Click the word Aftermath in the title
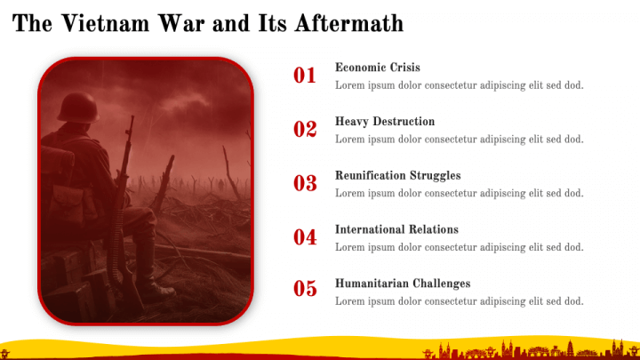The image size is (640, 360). tap(353, 23)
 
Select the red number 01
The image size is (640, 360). tap(305, 76)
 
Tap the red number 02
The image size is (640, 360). tap(305, 130)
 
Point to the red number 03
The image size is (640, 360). tap(305, 184)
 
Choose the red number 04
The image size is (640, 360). tap(305, 237)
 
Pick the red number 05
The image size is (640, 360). tap(305, 288)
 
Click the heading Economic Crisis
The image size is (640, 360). tap(378, 68)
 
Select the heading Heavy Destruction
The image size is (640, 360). tap(385, 122)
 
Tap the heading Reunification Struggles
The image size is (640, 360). tap(397, 176)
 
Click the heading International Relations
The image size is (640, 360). tap(396, 229)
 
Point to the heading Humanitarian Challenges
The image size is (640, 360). tap(403, 284)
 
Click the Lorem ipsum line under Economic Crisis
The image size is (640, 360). tap(459, 85)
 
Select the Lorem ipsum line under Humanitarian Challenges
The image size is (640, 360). tap(459, 301)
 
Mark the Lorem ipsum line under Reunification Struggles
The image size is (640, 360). tap(459, 193)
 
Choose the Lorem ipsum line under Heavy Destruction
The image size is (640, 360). tap(459, 139)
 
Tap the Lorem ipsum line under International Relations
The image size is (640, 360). tap(459, 247)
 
